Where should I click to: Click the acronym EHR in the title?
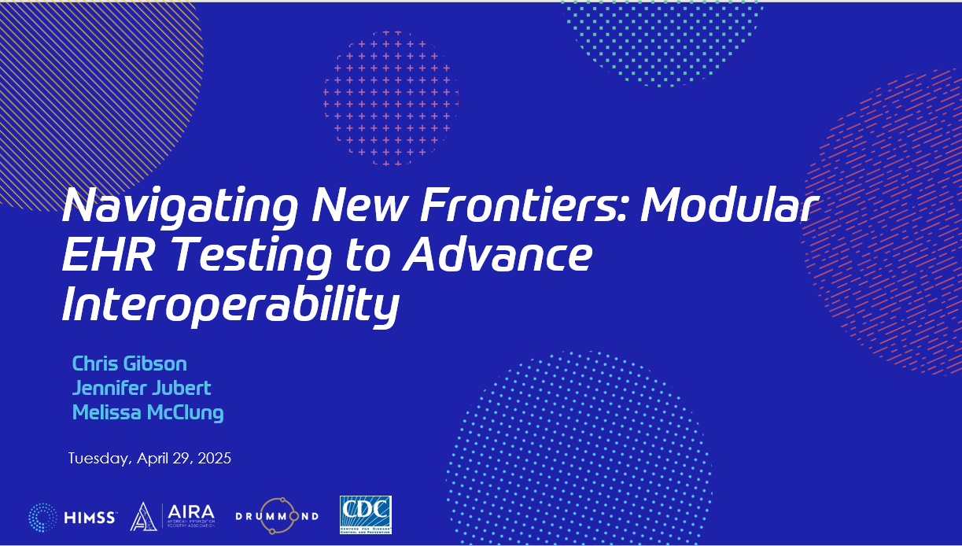pyautogui.click(x=109, y=256)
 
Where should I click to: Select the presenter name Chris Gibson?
pyautogui.click(x=129, y=363)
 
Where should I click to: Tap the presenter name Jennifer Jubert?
pyautogui.click(x=142, y=388)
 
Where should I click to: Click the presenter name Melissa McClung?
pyautogui.click(x=148, y=412)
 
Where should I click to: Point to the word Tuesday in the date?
pyautogui.click(x=98, y=459)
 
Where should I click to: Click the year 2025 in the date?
pyautogui.click(x=214, y=458)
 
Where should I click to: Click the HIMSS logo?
pyautogui.click(x=73, y=516)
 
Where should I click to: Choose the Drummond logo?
pyautogui.click(x=278, y=516)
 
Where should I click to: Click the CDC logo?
pyautogui.click(x=365, y=515)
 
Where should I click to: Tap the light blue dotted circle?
pyautogui.click(x=578, y=448)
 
